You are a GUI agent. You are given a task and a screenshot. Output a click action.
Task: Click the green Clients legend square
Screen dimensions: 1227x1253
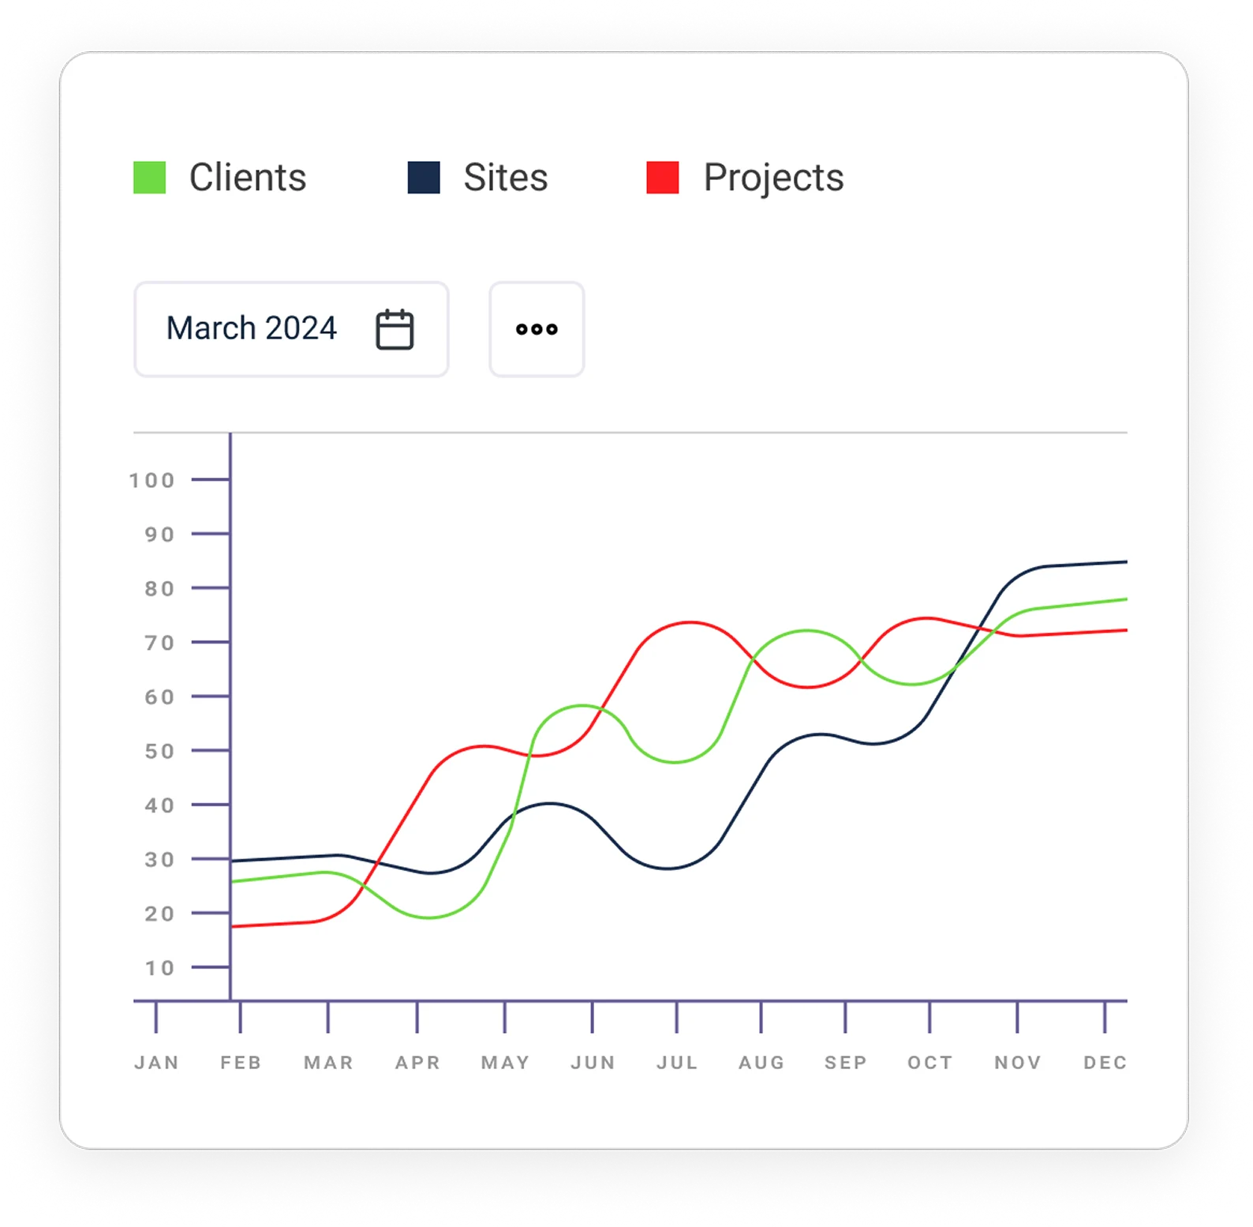click(x=150, y=178)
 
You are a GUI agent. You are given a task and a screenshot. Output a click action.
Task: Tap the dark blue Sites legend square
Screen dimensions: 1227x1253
click(x=424, y=178)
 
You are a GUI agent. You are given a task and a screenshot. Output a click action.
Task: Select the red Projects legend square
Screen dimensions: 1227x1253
click(x=663, y=178)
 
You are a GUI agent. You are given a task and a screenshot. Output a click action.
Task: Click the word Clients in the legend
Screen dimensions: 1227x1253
click(x=248, y=178)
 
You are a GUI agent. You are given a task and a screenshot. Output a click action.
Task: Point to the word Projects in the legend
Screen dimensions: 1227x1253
click(x=773, y=178)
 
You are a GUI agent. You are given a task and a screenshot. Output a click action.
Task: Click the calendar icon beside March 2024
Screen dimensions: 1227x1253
click(x=395, y=329)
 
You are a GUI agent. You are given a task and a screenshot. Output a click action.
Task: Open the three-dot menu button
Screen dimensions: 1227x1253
click(x=537, y=329)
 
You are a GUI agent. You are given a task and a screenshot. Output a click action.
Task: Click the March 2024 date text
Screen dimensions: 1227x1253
click(x=252, y=328)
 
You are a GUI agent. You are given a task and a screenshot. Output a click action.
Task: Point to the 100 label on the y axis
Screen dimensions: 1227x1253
click(x=152, y=480)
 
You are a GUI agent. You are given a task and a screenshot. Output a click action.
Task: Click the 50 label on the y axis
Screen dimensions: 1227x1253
click(x=159, y=751)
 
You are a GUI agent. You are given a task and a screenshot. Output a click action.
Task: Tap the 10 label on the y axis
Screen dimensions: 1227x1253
click(x=159, y=968)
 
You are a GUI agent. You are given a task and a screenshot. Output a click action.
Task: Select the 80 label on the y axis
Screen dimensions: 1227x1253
click(x=159, y=589)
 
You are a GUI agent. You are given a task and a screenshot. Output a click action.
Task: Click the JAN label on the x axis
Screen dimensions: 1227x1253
click(x=156, y=1063)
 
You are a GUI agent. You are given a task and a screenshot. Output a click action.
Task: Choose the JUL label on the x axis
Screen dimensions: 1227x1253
click(x=677, y=1063)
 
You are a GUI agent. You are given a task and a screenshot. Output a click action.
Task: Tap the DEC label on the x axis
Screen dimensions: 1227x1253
click(x=1105, y=1063)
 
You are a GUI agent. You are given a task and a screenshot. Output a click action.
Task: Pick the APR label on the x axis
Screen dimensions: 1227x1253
click(x=417, y=1063)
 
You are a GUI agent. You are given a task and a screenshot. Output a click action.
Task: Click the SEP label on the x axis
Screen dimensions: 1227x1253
click(x=846, y=1063)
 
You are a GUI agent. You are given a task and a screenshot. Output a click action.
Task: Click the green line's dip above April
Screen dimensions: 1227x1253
click(x=428, y=917)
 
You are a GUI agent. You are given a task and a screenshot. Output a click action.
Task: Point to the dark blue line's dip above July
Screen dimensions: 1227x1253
click(x=668, y=869)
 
